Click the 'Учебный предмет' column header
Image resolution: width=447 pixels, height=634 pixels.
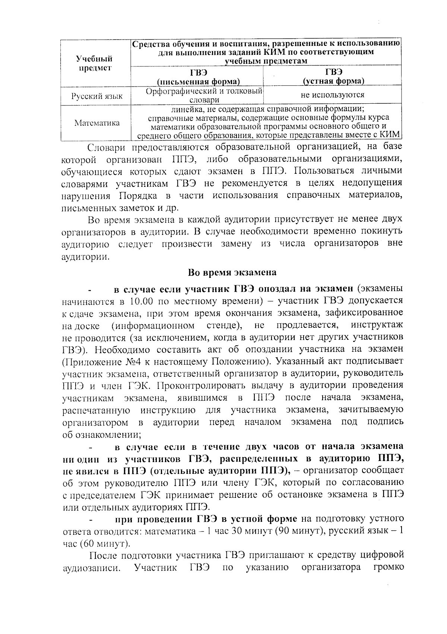[x=94, y=63]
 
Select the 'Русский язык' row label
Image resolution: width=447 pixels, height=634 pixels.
[x=97, y=96]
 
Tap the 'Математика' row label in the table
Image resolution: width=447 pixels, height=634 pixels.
[x=97, y=123]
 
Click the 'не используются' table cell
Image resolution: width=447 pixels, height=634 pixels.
[x=332, y=95]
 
